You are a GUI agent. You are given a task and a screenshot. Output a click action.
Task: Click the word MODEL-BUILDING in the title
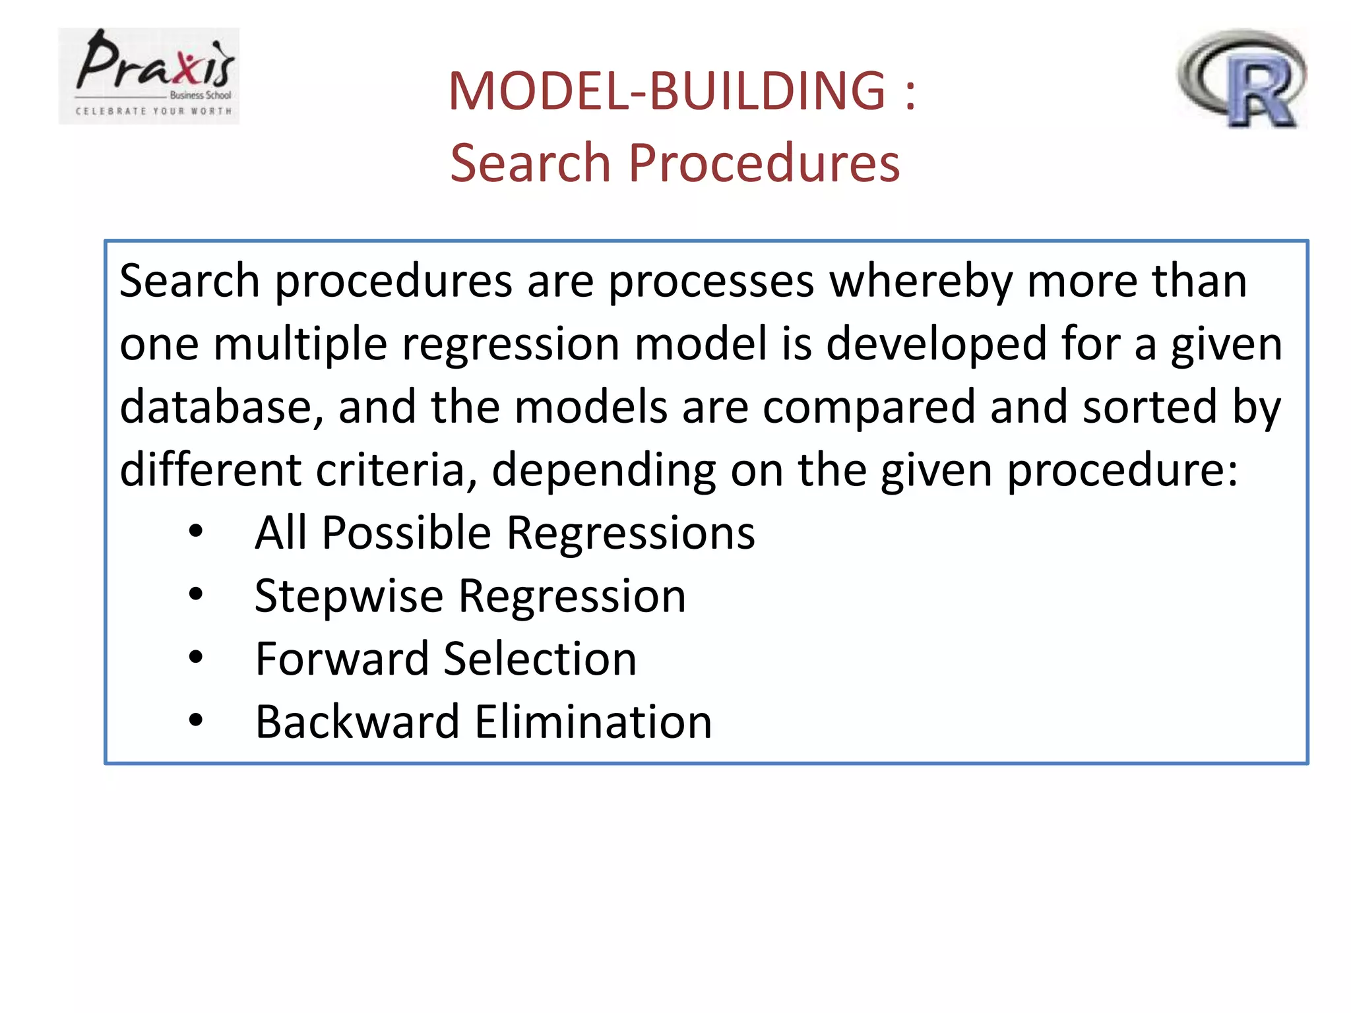tap(666, 91)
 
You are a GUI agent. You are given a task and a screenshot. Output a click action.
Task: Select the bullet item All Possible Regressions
tap(505, 533)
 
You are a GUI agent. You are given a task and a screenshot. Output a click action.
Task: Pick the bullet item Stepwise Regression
tap(470, 596)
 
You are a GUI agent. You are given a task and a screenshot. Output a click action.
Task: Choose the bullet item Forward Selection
tap(446, 659)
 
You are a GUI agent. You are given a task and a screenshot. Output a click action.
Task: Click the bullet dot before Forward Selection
tap(196, 658)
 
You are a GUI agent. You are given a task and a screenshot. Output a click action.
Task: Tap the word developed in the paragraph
tap(936, 345)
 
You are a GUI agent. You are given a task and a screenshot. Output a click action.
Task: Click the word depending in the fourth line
tap(604, 471)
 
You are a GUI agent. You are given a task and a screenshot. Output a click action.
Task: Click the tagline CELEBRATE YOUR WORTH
tap(154, 111)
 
